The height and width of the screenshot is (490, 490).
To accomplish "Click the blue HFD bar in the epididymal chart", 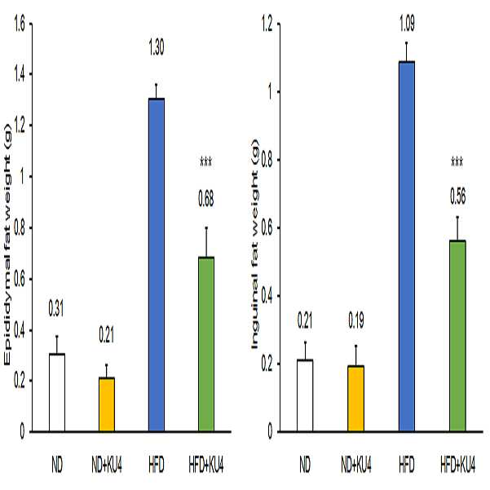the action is pyautogui.click(x=157, y=265).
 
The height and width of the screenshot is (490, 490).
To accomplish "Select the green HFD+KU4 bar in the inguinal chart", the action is pyautogui.click(x=457, y=336).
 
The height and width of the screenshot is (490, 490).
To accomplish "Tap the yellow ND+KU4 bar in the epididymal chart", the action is pyautogui.click(x=107, y=404).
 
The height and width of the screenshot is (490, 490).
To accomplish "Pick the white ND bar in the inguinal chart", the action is pyautogui.click(x=305, y=395).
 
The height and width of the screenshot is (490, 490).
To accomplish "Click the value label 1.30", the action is pyautogui.click(x=157, y=47).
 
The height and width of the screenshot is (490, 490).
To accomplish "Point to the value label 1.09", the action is pyautogui.click(x=407, y=24).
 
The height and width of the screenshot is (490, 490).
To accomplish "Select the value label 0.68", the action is pyautogui.click(x=206, y=199).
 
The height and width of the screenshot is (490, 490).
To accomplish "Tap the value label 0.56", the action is pyautogui.click(x=457, y=196).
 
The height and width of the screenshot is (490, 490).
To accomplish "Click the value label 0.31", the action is pyautogui.click(x=56, y=308).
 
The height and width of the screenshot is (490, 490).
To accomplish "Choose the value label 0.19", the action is pyautogui.click(x=356, y=320).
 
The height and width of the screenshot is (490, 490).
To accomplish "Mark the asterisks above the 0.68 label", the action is pyautogui.click(x=206, y=162).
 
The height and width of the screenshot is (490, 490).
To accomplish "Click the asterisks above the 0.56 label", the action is pyautogui.click(x=457, y=162).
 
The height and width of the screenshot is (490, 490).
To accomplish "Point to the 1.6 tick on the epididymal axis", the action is pyautogui.click(x=20, y=24).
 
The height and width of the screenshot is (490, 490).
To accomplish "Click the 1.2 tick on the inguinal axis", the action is pyautogui.click(x=267, y=24).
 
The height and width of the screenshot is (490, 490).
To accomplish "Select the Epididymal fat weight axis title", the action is pyautogui.click(x=7, y=245).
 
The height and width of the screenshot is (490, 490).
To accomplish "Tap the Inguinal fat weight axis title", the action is pyautogui.click(x=255, y=245).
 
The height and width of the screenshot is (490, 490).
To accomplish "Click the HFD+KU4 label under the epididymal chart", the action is pyautogui.click(x=206, y=466).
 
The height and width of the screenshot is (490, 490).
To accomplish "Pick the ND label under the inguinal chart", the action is pyautogui.click(x=305, y=466).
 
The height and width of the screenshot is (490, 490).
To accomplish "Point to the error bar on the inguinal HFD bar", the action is pyautogui.click(x=407, y=51).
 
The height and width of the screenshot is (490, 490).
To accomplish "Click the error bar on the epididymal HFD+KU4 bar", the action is pyautogui.click(x=206, y=242).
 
